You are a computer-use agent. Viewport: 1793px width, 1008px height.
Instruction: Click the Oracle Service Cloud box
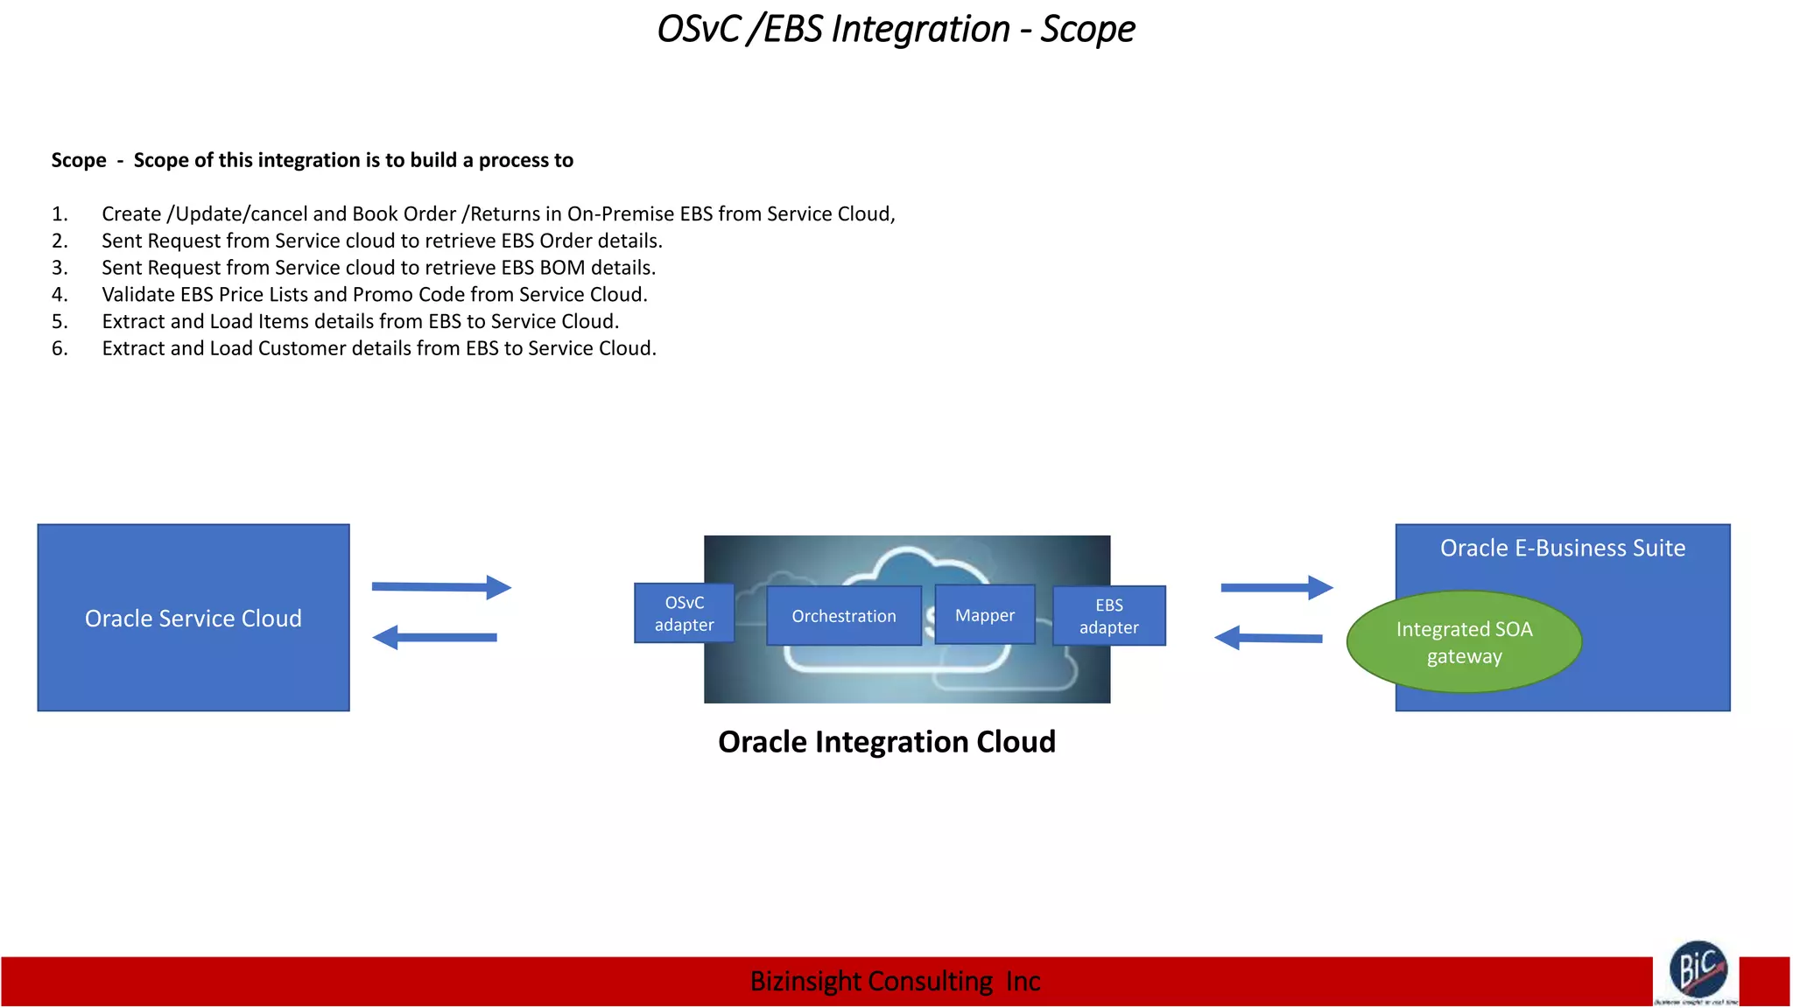tap(193, 618)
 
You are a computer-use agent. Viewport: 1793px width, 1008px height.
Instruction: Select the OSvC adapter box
tap(684, 613)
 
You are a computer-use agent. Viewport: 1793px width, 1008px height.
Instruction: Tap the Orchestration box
tap(843, 616)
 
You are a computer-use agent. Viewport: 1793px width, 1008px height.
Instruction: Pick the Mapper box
tap(984, 615)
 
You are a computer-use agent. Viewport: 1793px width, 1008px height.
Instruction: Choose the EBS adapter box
tap(1108, 616)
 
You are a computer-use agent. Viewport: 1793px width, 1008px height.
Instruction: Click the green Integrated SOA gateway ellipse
tap(1464, 642)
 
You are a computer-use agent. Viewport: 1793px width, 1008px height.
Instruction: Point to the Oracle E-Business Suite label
tap(1562, 548)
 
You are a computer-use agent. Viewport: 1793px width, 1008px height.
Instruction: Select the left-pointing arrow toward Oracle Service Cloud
tap(435, 637)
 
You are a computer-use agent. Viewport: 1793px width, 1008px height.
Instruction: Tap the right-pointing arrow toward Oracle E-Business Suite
tap(1276, 588)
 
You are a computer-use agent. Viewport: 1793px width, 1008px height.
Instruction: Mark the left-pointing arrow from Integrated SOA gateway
tap(1269, 638)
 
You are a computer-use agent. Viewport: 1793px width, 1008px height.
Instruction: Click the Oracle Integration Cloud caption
tap(886, 742)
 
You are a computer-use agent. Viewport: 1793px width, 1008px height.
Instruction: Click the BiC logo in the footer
tap(1698, 969)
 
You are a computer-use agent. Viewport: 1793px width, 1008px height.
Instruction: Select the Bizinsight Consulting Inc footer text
tap(895, 982)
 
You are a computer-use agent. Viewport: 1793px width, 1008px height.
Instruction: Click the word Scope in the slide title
tap(1087, 29)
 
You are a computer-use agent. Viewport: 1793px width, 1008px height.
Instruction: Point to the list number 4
tap(60, 295)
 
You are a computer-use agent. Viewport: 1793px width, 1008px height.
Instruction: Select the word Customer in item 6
tap(302, 348)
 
